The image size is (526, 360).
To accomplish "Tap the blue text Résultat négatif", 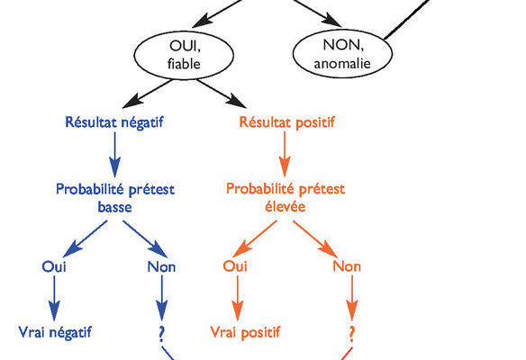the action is point(114,122).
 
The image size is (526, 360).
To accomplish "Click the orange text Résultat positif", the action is point(286,122).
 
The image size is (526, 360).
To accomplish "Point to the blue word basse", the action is point(114,207).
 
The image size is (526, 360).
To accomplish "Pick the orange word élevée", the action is point(286,206).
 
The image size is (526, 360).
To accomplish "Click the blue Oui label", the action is point(54,266).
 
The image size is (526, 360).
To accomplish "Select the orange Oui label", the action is point(235,266).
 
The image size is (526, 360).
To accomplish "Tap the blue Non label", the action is point(161,266).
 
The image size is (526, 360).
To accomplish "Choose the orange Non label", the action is point(347,266).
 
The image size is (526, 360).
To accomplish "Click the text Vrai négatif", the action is point(55,333).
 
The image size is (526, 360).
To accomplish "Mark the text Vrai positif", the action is point(245,332).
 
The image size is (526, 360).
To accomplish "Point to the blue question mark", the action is point(162,333).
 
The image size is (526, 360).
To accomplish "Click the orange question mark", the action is point(351,334).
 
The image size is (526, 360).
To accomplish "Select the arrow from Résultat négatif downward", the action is point(114,155).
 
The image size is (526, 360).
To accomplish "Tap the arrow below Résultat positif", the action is point(285,154).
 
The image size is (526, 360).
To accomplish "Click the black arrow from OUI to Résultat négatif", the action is point(148,94).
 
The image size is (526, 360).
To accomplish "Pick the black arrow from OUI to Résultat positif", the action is point(222,94).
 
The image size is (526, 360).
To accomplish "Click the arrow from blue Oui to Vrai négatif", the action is point(54,298).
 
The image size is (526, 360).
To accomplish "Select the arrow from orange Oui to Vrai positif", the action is point(238,298).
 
